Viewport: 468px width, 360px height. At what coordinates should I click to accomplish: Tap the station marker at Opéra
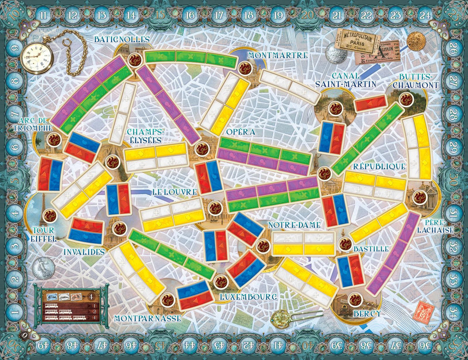click(x=201, y=149)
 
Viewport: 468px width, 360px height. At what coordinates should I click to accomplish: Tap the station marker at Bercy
click(x=353, y=300)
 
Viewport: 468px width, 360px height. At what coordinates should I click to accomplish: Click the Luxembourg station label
click(x=248, y=296)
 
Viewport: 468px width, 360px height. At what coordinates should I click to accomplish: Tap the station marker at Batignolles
click(x=134, y=59)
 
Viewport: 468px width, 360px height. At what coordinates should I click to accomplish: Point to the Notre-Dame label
click(x=294, y=225)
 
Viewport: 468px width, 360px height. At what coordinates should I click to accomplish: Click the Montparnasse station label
click(x=148, y=318)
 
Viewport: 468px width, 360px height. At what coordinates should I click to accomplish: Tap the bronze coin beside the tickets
click(x=416, y=41)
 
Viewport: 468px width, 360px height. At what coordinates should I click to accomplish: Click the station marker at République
click(x=324, y=173)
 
